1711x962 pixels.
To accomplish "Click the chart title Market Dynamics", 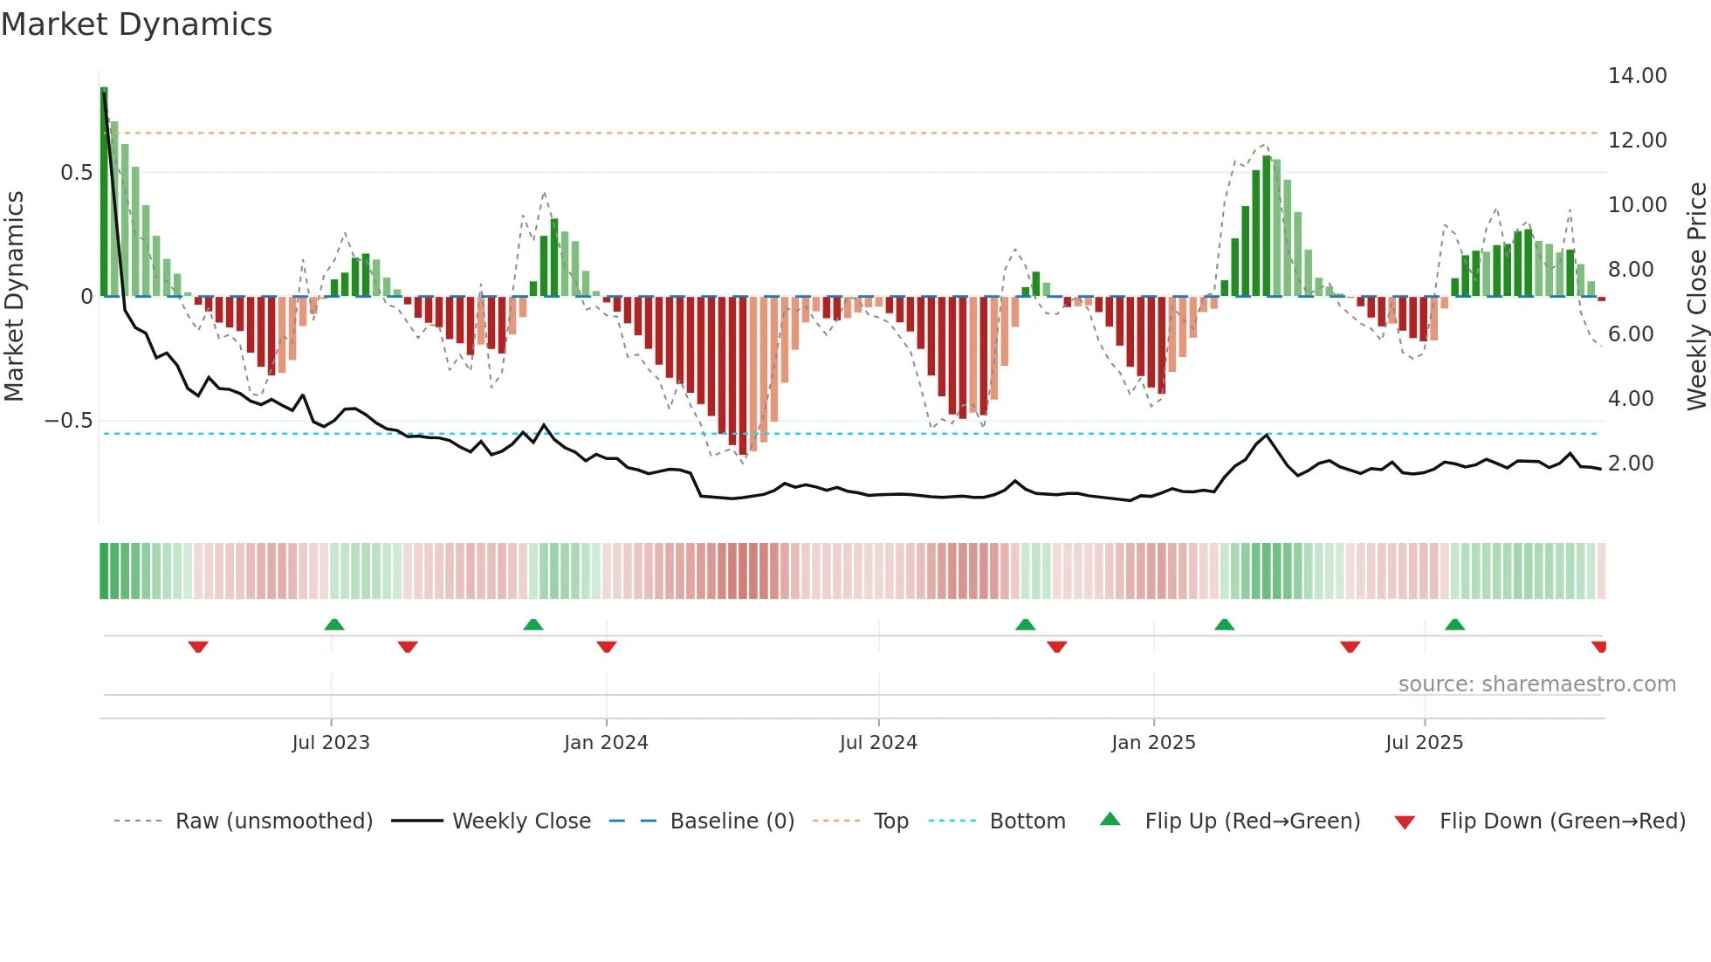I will pos(136,24).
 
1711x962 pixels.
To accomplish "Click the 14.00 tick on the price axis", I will pos(1637,76).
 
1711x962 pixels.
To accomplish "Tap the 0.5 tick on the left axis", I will pos(76,173).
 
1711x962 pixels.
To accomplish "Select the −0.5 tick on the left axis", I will pos(69,421).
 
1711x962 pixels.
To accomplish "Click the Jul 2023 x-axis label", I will pos(331,743).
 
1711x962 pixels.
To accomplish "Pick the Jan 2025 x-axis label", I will pos(1153,743).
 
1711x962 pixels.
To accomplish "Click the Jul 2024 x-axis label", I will pos(878,743).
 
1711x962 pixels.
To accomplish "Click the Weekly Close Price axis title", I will pos(1696,296).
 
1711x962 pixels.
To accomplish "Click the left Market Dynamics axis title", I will pos(14,296).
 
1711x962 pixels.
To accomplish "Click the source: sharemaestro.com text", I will pos(1536,684).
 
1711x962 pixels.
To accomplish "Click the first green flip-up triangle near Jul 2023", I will pos(334,624).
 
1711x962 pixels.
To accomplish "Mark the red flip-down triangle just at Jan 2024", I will pos(607,646).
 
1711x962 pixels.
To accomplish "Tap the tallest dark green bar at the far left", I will pos(104,192).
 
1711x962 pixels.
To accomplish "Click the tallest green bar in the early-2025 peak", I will pos(1267,227).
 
